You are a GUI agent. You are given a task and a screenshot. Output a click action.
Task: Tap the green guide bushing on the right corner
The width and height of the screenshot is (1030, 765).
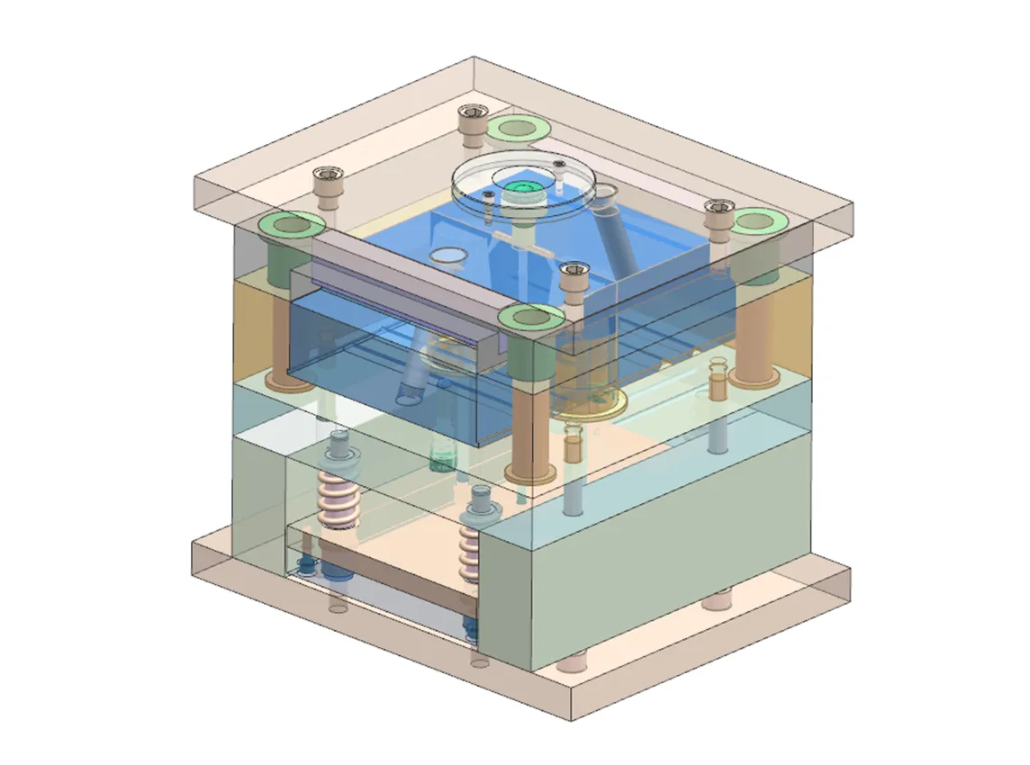point(755,220)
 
